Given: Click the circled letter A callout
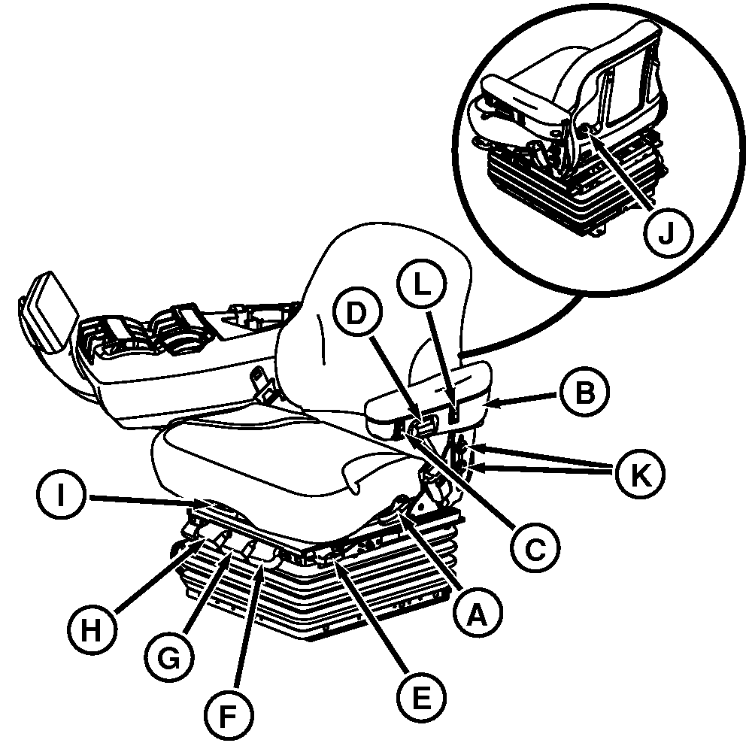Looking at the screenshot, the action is pos(477,614).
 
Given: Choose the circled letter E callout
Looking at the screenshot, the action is pos(422,696).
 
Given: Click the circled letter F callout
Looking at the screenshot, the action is pos(229,715).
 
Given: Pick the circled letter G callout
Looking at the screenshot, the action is pos(169,659).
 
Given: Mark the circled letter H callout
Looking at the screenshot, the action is pos(92,630).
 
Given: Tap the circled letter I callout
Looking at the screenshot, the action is pos(61,496).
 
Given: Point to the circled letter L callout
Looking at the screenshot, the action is pos(422,284).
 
